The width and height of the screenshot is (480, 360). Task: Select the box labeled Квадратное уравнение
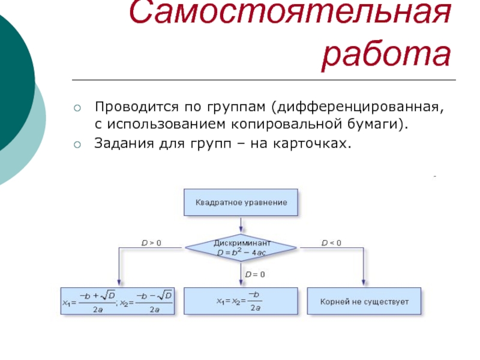(241, 203)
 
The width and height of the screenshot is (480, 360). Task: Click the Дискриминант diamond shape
(241, 247)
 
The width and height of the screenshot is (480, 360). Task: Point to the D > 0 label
(151, 243)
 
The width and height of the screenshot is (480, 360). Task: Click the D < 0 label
(331, 243)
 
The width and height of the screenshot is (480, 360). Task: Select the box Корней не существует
(364, 301)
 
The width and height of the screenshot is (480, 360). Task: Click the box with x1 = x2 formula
(241, 301)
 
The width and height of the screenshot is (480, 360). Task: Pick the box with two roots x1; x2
(118, 301)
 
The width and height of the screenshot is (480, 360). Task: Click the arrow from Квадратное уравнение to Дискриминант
(241, 224)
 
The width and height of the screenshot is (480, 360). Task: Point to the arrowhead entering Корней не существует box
(364, 283)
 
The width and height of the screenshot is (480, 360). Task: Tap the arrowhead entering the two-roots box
(118, 283)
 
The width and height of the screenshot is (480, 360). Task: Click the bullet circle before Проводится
(76, 108)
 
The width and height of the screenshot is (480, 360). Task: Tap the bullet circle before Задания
(76, 145)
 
